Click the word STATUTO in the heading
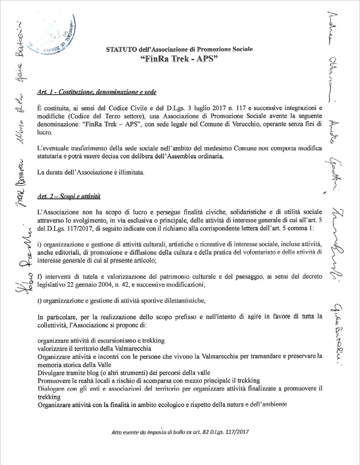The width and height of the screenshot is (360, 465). [x=121, y=50]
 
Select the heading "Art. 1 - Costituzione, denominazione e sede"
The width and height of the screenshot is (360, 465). [x=96, y=92]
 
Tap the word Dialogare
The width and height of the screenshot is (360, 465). [x=53, y=389]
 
